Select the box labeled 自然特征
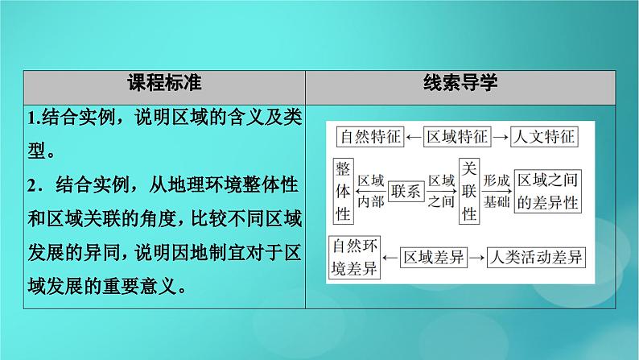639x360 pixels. tap(367, 138)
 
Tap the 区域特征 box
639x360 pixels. tap(456, 138)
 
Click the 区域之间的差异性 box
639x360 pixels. tap(547, 191)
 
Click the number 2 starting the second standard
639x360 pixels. tap(30, 185)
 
